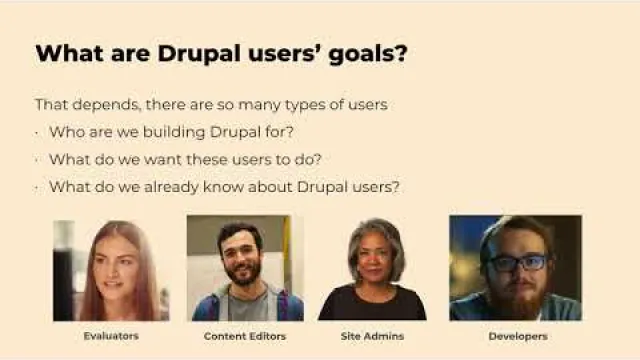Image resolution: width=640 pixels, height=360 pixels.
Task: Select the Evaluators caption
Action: click(111, 336)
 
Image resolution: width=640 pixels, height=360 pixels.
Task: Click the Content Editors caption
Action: click(244, 336)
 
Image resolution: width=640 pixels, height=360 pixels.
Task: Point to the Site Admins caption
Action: click(372, 336)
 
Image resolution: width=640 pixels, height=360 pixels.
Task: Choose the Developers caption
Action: click(518, 336)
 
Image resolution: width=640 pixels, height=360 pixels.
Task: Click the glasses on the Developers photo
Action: click(518, 263)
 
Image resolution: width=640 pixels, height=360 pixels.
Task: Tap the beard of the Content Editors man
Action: click(242, 272)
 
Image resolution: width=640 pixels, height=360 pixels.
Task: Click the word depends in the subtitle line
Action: click(106, 105)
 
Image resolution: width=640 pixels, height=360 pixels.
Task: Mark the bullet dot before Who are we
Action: click(37, 133)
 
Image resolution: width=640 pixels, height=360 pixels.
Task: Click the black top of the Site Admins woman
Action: click(372, 303)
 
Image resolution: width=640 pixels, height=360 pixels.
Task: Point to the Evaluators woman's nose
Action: click(111, 271)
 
